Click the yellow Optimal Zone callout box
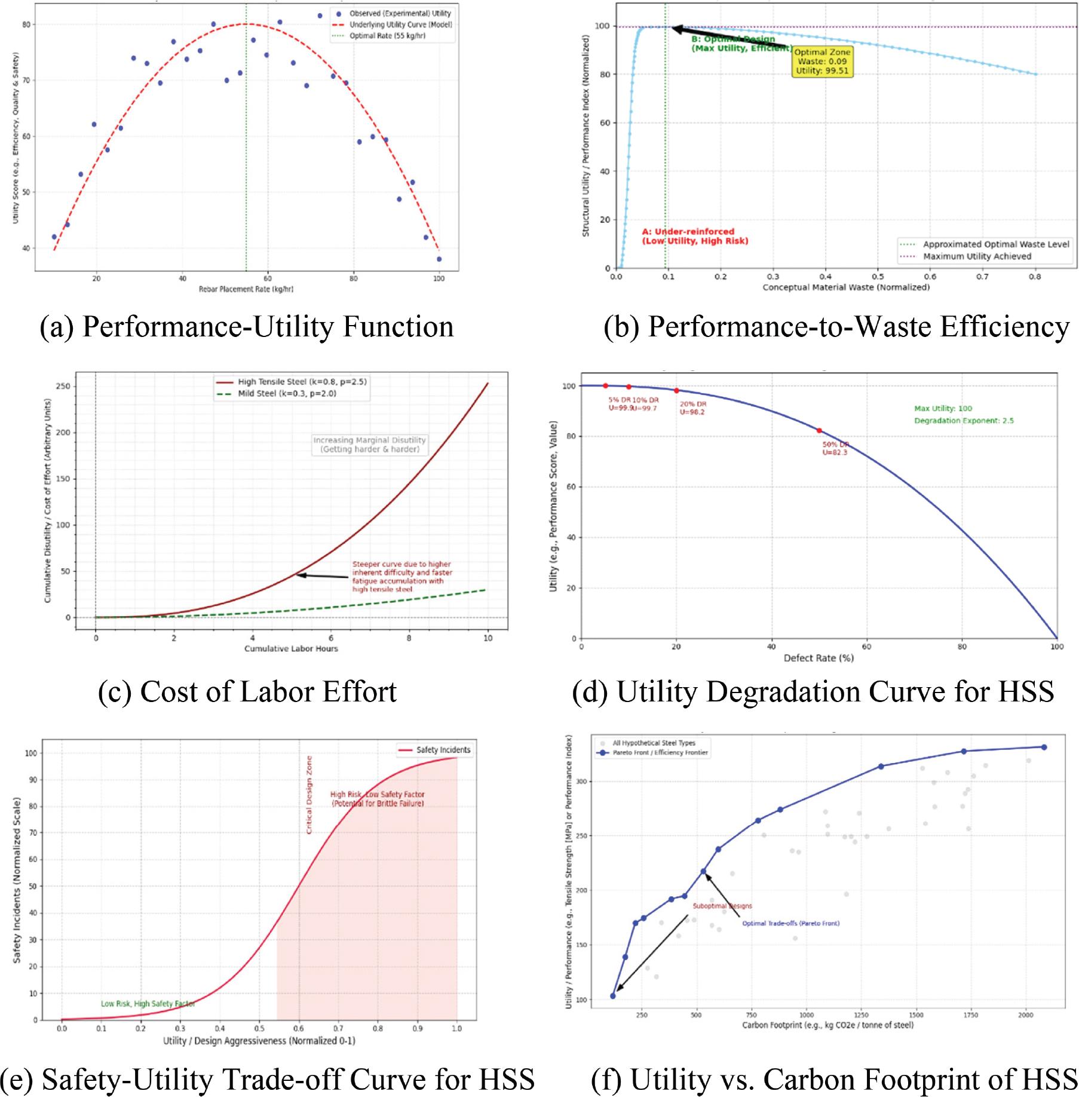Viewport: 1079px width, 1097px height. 822,62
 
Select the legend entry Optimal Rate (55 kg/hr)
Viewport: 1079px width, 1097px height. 387,36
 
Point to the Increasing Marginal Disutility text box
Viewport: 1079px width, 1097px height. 369,445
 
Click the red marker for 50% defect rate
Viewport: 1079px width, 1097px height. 819,431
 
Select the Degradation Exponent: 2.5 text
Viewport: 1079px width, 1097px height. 964,421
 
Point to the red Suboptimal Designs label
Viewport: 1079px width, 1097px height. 722,906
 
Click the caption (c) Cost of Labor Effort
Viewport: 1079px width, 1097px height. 247,692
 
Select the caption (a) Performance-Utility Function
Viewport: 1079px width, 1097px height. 247,327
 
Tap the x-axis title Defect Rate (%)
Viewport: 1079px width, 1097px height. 819,658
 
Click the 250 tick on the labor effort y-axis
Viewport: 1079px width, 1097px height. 63,387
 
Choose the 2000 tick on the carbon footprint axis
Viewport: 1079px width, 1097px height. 1025,1015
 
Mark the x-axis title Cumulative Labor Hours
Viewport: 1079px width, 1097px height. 291,648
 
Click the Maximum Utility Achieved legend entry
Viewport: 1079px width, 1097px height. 977,256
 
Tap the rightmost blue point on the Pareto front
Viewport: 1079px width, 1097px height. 1044,747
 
